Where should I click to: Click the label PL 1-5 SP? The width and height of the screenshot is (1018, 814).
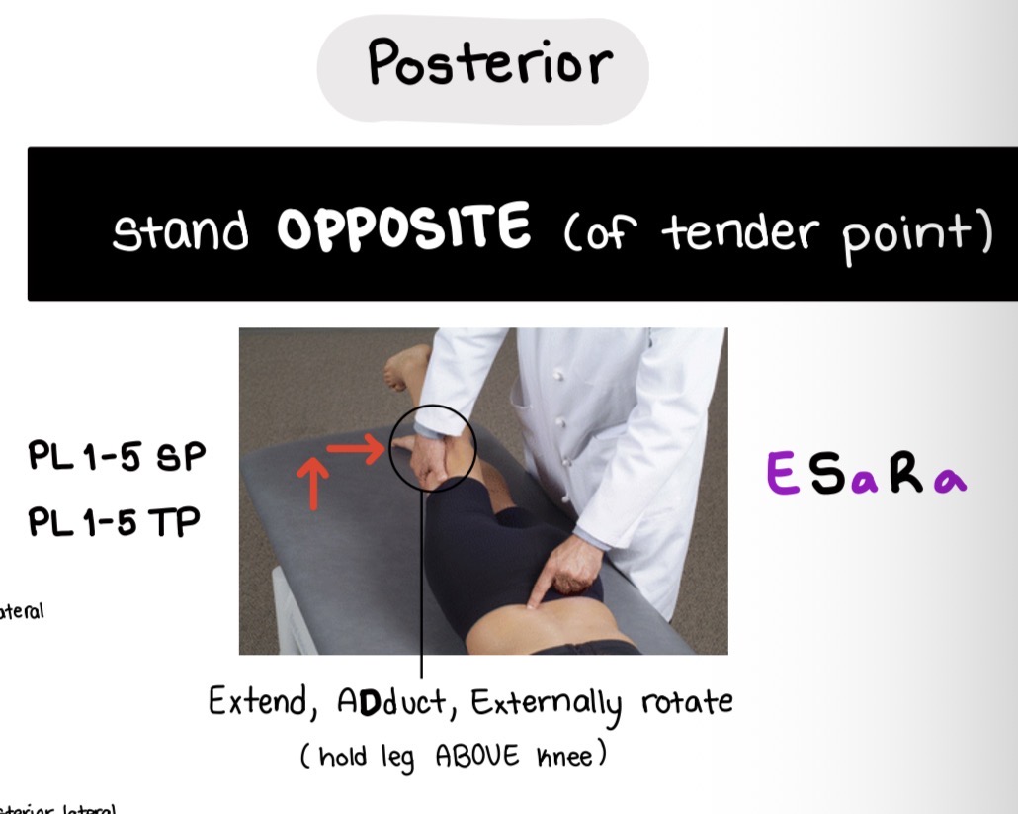pyautogui.click(x=117, y=458)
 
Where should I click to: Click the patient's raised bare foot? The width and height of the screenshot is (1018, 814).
pyautogui.click(x=404, y=365)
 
